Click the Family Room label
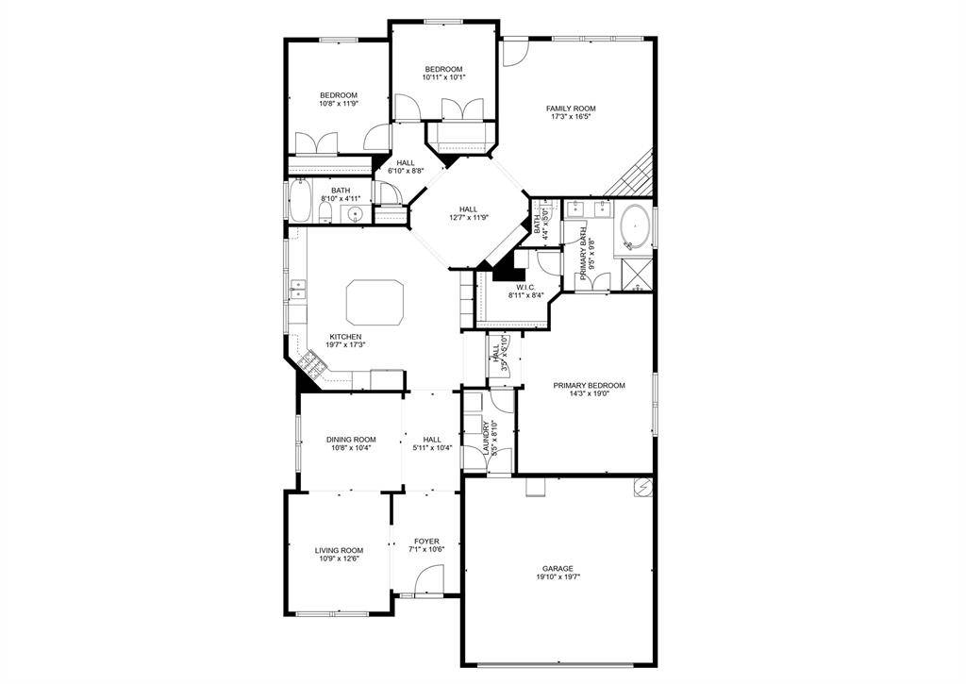pyautogui.click(x=571, y=108)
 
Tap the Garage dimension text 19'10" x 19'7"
pyautogui.click(x=558, y=577)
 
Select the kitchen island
pyautogui.click(x=375, y=302)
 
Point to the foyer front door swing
pyautogui.click(x=429, y=581)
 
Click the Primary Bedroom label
pyautogui.click(x=589, y=386)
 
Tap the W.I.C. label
pyautogui.click(x=525, y=287)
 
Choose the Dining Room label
pyautogui.click(x=351, y=440)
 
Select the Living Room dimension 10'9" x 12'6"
pyautogui.click(x=339, y=559)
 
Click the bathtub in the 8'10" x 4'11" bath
pyautogui.click(x=300, y=200)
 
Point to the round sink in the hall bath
pyautogui.click(x=356, y=214)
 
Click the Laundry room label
pyautogui.click(x=486, y=438)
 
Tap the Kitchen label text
pyautogui.click(x=345, y=337)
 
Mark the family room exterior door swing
pyautogui.click(x=514, y=53)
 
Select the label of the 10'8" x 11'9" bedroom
pyautogui.click(x=339, y=95)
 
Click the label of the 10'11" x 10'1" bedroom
pyautogui.click(x=443, y=70)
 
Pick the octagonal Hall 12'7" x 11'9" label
pyautogui.click(x=468, y=209)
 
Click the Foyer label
pyautogui.click(x=426, y=542)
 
